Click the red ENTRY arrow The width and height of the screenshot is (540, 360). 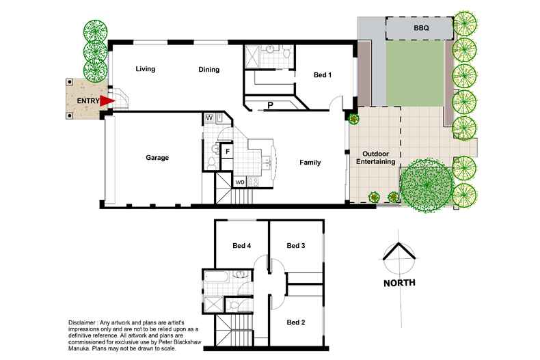pyautogui.click(x=107, y=101)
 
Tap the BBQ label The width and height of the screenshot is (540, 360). pyautogui.click(x=421, y=28)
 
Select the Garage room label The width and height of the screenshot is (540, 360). pyautogui.click(x=157, y=158)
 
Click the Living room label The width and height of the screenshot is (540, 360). pyautogui.click(x=146, y=69)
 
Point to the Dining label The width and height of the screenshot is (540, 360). pyautogui.click(x=208, y=70)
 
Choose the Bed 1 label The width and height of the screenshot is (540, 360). pyautogui.click(x=323, y=74)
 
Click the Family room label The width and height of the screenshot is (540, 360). pyautogui.click(x=310, y=163)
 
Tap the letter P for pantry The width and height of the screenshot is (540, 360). pyautogui.click(x=271, y=105)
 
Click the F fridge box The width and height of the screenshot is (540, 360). pyautogui.click(x=228, y=152)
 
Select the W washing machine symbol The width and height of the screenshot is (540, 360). pyautogui.click(x=209, y=118)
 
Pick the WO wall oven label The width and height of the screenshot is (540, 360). pyautogui.click(x=240, y=182)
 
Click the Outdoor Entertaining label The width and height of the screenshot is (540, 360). pyautogui.click(x=375, y=158)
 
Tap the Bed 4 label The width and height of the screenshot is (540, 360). pyautogui.click(x=241, y=245)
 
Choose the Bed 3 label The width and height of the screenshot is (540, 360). pyautogui.click(x=296, y=245)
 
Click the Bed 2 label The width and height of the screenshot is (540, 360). pyautogui.click(x=296, y=322)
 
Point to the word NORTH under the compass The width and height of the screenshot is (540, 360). pyautogui.click(x=399, y=283)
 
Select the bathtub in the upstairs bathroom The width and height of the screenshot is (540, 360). pyautogui.click(x=215, y=277)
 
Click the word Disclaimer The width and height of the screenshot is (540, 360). pyautogui.click(x=81, y=323)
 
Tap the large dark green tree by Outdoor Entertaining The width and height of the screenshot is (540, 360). pyautogui.click(x=427, y=186)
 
